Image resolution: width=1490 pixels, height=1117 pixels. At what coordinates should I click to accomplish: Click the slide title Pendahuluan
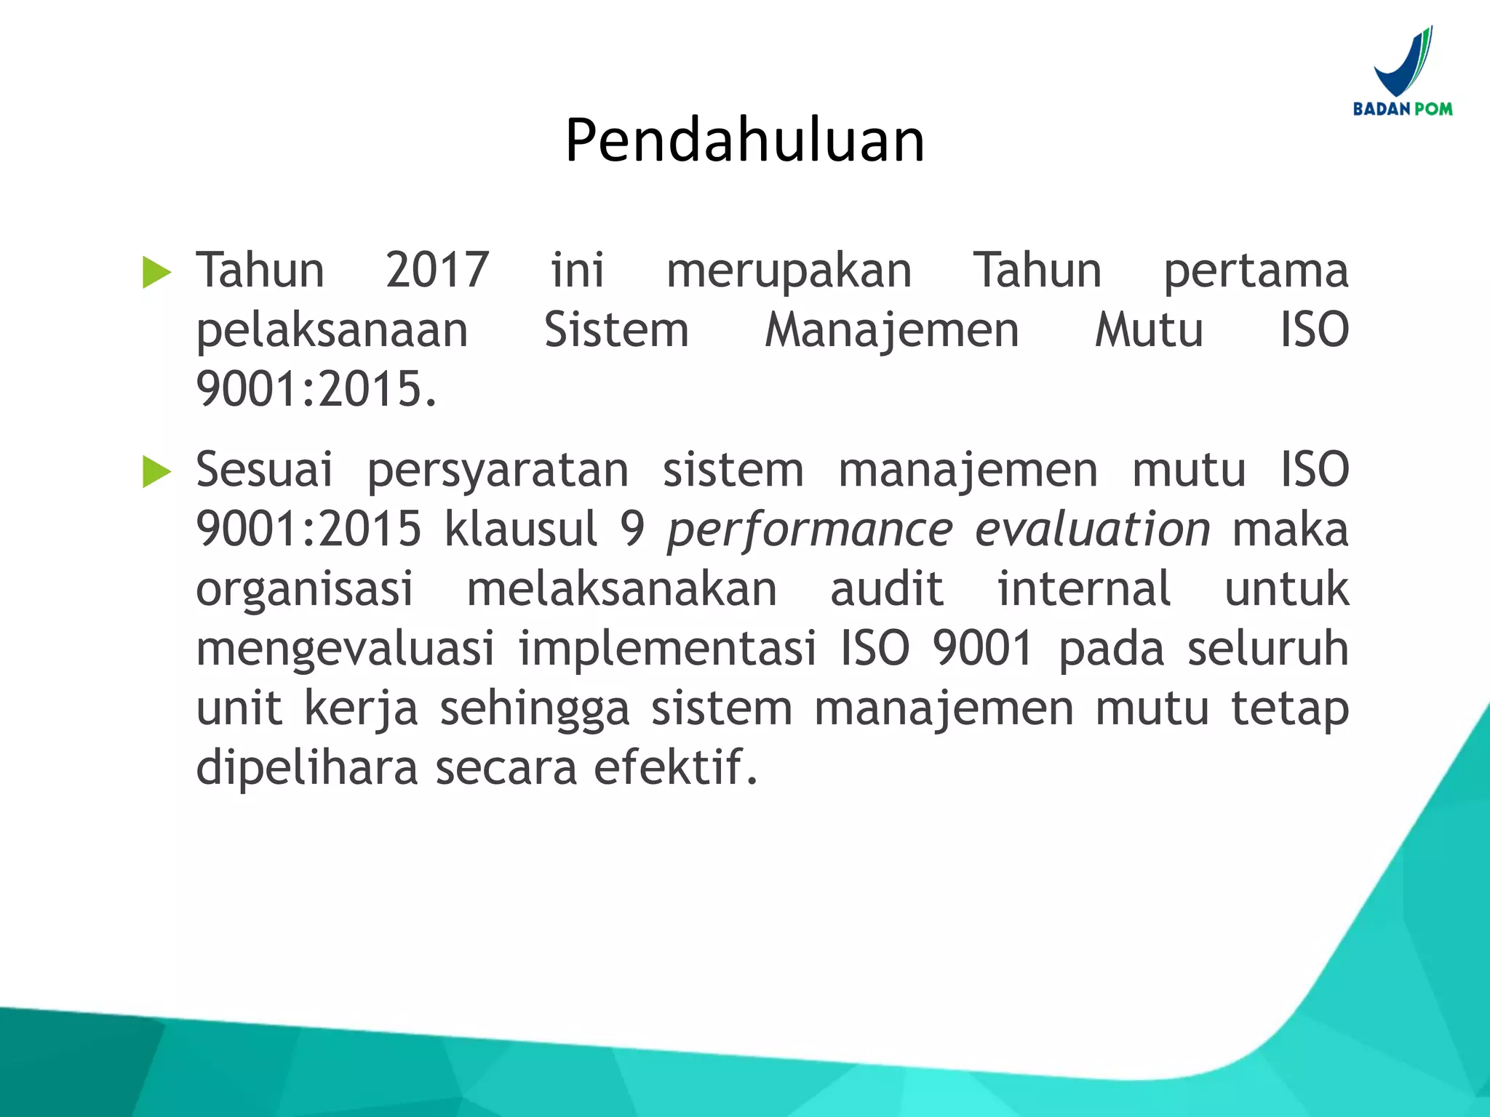[x=744, y=140]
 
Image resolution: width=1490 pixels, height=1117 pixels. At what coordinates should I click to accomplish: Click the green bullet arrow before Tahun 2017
[x=156, y=273]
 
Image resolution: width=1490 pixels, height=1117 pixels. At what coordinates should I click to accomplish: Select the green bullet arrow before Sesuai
[x=156, y=472]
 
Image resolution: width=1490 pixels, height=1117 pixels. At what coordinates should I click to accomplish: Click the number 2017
[x=437, y=271]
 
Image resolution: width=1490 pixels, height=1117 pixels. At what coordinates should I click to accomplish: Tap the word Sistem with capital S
[x=616, y=330]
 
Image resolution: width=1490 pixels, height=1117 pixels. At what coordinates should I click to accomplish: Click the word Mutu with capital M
[x=1149, y=330]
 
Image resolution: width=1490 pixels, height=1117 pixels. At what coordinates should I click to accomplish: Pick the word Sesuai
[x=264, y=470]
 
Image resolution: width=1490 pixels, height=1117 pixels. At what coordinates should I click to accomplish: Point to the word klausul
[x=521, y=529]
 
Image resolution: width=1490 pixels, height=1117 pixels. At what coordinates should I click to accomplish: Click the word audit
[x=887, y=589]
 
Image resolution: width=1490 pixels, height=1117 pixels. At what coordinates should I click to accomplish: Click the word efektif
[x=676, y=767]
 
